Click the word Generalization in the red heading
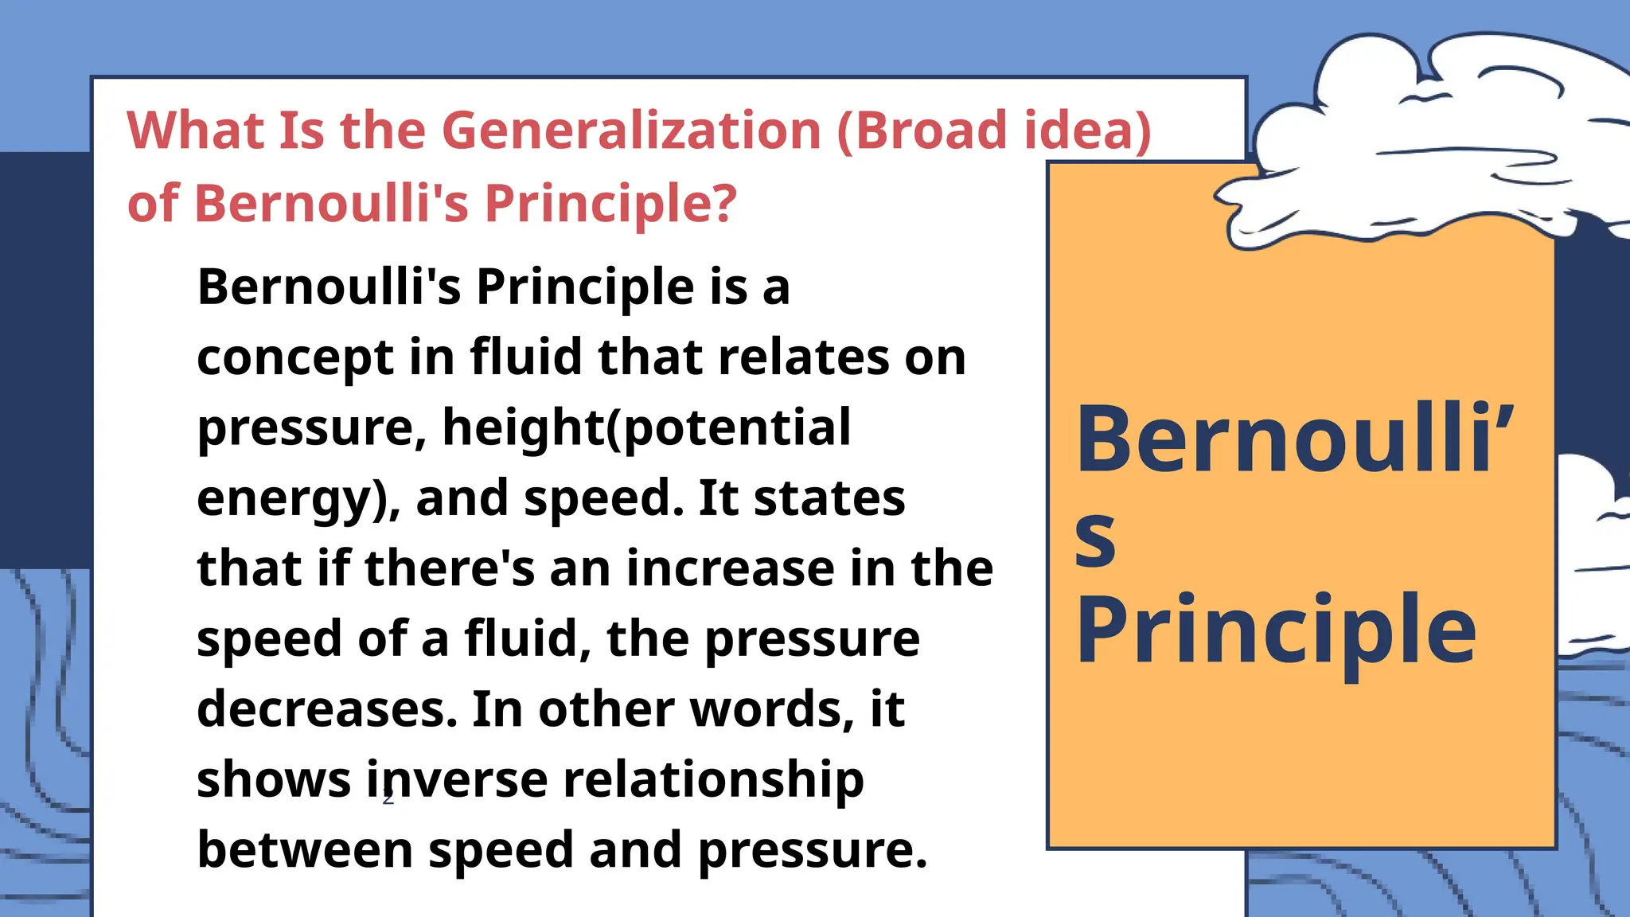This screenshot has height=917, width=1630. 631,131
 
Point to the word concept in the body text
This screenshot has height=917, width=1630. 295,359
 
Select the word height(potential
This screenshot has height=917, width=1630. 646,428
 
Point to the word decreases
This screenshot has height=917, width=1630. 327,709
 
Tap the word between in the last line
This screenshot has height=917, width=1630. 305,849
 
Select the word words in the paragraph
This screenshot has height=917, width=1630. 766,709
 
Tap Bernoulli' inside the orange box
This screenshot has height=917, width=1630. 1294,439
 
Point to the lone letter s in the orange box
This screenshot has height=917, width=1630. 1095,538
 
